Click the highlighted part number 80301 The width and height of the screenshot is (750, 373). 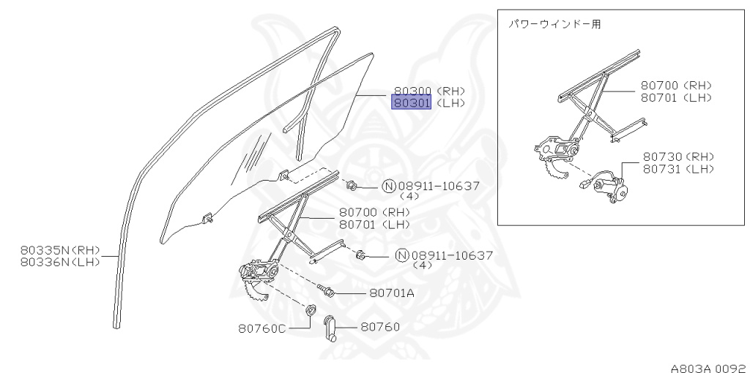point(412,103)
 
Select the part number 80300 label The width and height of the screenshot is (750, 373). point(412,91)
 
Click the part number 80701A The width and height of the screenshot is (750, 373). point(391,293)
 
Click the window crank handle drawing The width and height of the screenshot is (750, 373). point(330,328)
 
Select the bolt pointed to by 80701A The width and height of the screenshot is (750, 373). point(327,291)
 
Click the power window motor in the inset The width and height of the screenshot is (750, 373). point(609,186)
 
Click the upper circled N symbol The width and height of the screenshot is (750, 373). point(389,186)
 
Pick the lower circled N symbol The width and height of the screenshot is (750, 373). point(401,255)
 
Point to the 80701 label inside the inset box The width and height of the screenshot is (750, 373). point(661,98)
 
